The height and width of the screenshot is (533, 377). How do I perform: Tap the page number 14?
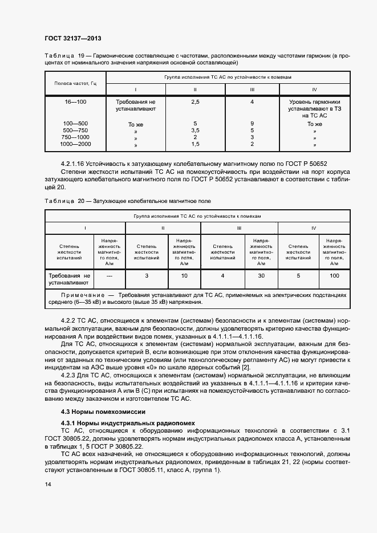point(47,483)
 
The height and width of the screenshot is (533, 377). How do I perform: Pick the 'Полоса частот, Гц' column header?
point(75,83)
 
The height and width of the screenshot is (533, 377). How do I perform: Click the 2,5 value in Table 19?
point(195,101)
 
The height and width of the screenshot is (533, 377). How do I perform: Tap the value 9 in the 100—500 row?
point(252,124)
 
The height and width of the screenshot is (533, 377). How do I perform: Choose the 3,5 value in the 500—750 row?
point(195,131)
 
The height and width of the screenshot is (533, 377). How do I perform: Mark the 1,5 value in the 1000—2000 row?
point(195,144)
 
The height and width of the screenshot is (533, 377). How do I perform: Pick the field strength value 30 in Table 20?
point(261,276)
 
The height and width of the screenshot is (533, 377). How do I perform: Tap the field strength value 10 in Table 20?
point(184,276)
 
